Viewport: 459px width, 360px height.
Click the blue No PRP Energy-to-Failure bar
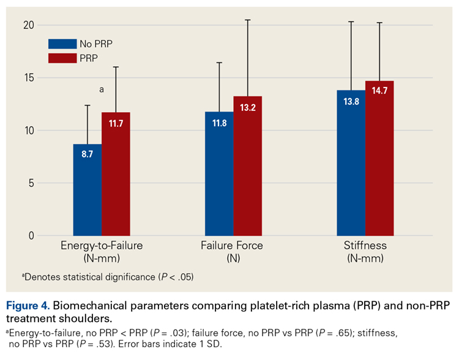tap(88, 190)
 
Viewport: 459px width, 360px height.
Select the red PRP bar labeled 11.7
tap(116, 174)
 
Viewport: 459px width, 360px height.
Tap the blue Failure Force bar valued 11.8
tap(219, 174)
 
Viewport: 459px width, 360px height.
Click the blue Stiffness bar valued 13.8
tap(351, 163)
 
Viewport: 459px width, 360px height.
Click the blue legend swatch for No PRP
tap(62, 44)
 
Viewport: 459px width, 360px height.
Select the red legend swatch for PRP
tap(62, 58)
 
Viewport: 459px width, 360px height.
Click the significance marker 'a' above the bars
tap(102, 89)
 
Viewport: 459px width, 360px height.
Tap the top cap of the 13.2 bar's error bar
tap(247, 20)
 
